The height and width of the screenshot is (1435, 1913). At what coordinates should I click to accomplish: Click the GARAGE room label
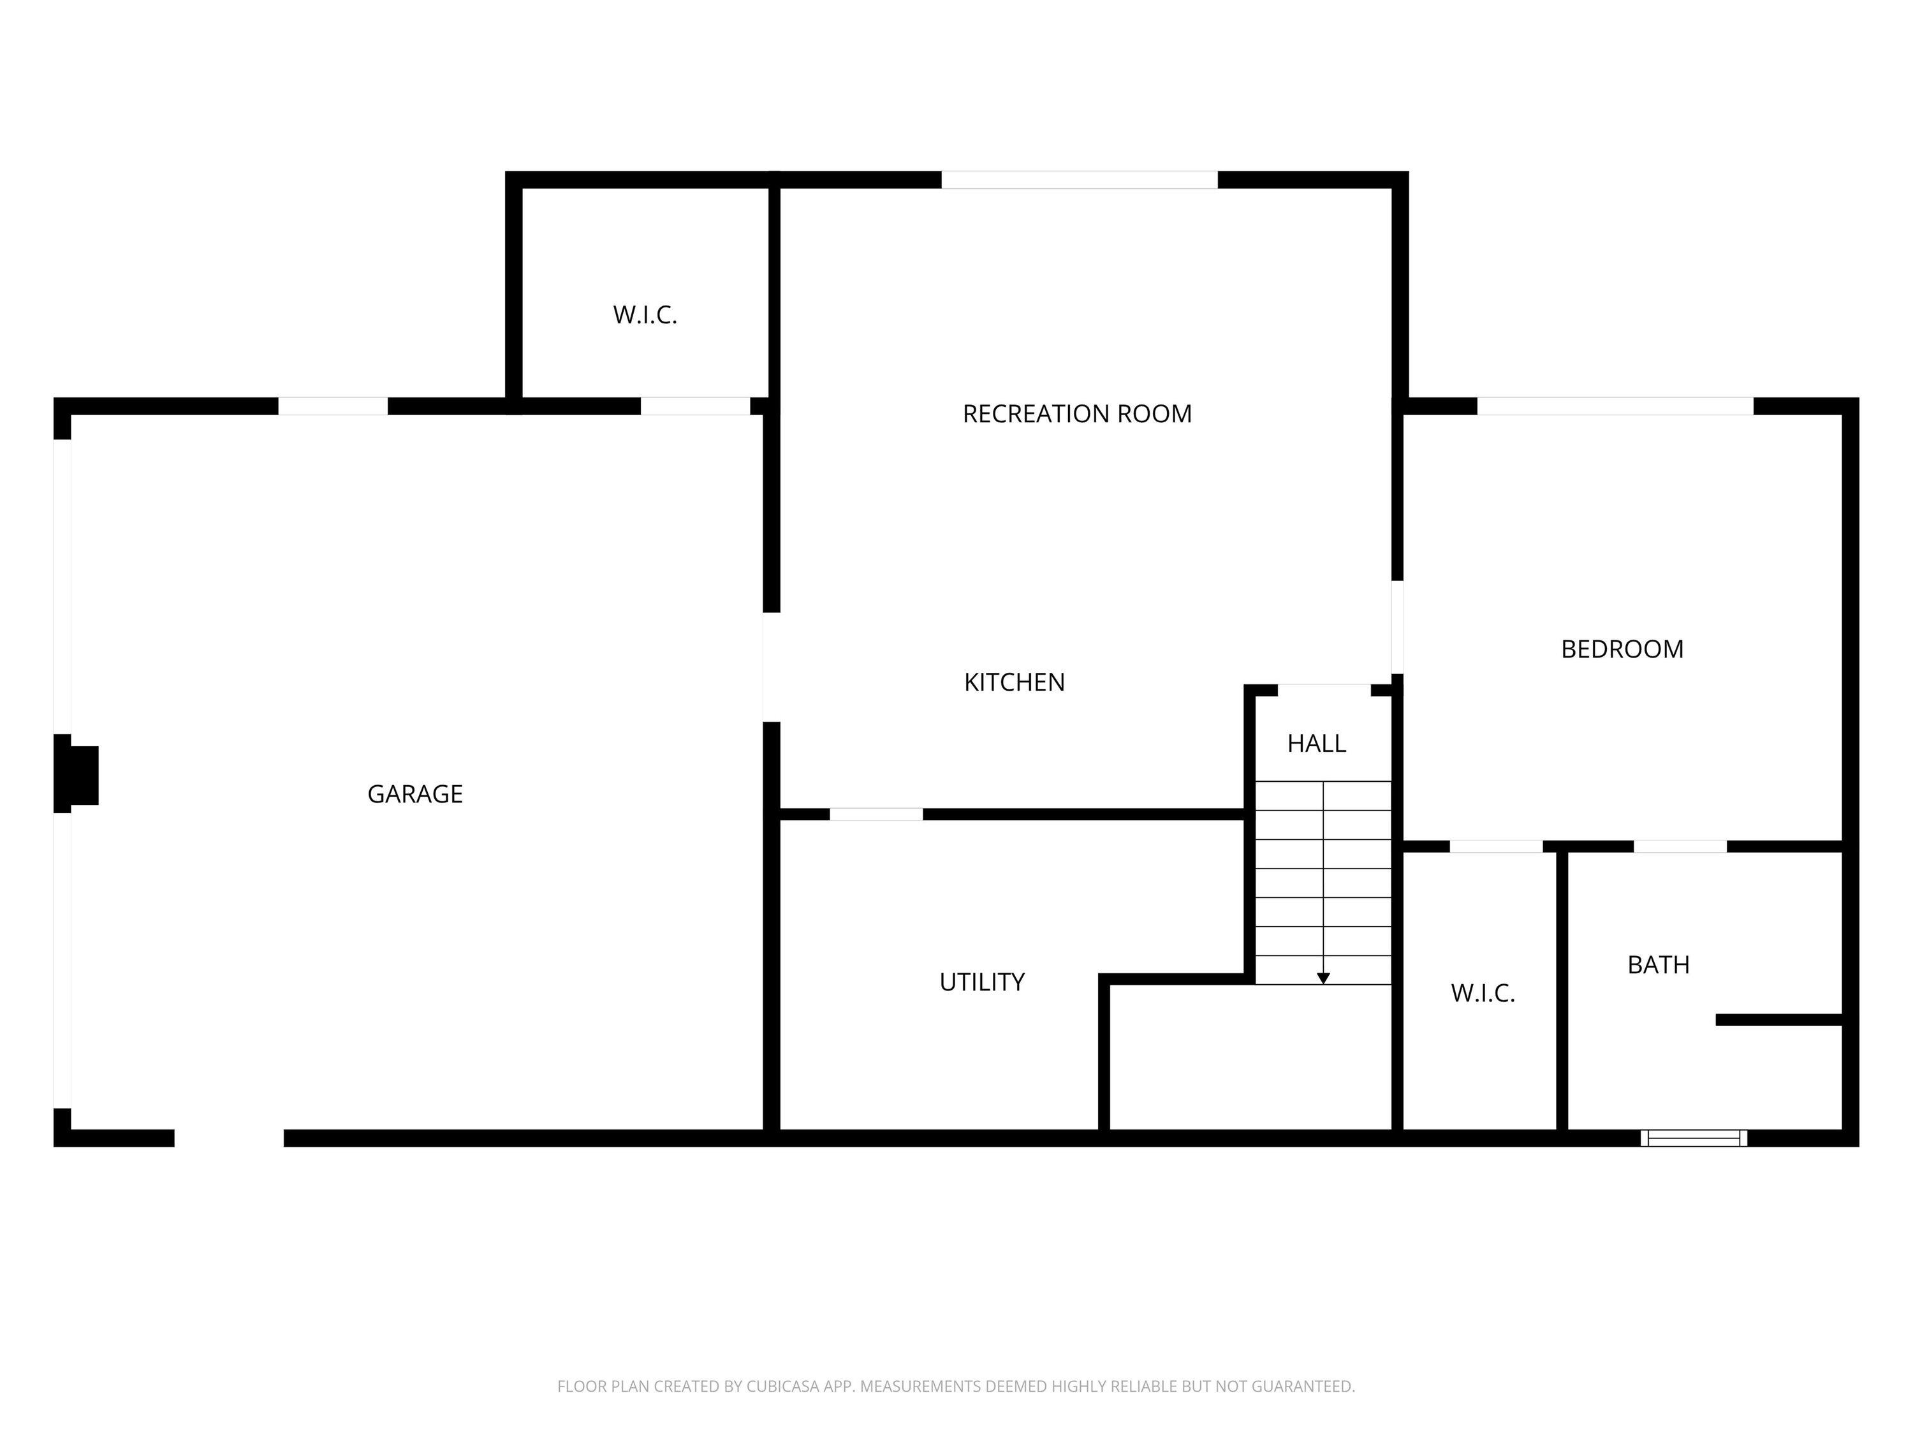click(x=415, y=794)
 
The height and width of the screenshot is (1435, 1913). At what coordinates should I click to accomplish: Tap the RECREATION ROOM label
click(x=1077, y=415)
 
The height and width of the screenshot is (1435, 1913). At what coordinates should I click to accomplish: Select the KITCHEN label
click(x=1015, y=682)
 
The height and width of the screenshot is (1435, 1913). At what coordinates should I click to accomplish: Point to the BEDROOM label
click(x=1622, y=650)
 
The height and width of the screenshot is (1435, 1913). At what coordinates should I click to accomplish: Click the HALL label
click(x=1316, y=744)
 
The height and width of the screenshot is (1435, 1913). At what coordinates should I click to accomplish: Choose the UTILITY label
click(x=981, y=982)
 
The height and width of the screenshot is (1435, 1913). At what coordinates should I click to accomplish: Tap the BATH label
click(x=1658, y=964)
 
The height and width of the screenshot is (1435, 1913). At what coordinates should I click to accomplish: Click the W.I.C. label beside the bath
click(x=1483, y=994)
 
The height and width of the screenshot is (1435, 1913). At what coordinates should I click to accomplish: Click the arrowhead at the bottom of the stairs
click(x=1323, y=978)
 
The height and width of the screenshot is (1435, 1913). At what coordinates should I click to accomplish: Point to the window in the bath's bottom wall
click(x=1694, y=1138)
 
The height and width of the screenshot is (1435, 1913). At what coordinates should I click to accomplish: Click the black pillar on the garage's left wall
click(x=76, y=774)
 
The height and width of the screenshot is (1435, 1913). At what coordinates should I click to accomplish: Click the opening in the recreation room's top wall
click(x=1080, y=180)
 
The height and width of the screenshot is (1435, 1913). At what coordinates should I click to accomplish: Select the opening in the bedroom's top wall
click(x=1615, y=406)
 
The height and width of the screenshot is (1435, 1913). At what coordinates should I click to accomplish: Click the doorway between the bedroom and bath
click(x=1680, y=846)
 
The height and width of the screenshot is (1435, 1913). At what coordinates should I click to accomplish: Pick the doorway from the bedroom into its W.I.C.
click(x=1495, y=846)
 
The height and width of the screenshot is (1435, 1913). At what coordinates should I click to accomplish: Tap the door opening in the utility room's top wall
click(x=876, y=814)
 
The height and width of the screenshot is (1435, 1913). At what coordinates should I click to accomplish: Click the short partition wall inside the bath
click(x=1779, y=1020)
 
